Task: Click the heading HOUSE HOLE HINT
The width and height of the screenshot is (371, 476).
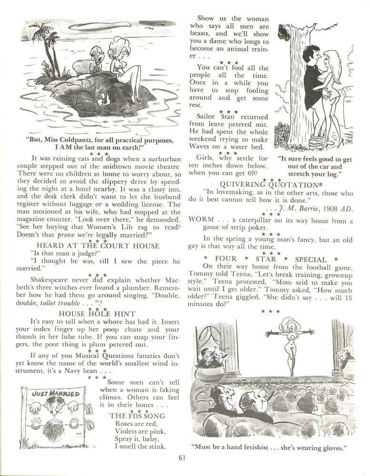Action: (x=97, y=314)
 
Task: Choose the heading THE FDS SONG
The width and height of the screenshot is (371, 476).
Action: (x=137, y=416)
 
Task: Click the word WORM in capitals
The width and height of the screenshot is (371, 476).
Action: (x=201, y=220)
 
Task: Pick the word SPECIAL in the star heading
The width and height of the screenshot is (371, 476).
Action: (x=311, y=259)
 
